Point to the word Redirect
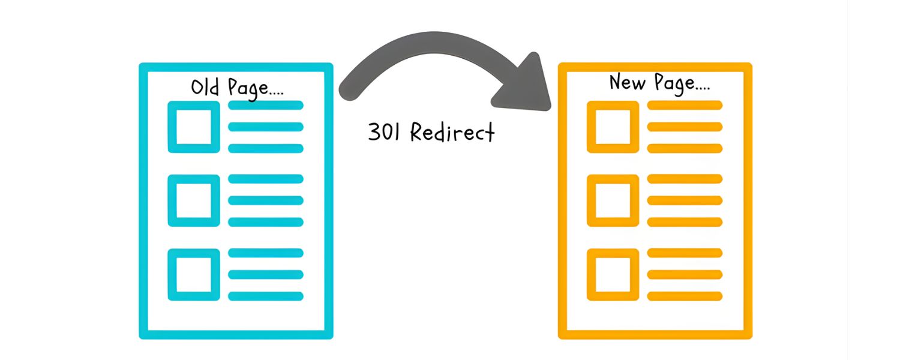coord(452,133)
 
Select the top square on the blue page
coord(193,127)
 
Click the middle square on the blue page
coord(193,200)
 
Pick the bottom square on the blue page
coord(193,274)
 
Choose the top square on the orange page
coord(613,127)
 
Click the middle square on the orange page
coord(613,200)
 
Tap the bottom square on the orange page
coord(613,274)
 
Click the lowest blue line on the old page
coord(266,296)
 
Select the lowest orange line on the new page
coord(685,296)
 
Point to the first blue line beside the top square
coord(266,106)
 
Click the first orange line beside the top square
coord(685,106)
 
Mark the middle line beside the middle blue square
coord(266,200)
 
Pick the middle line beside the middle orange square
coord(685,200)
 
